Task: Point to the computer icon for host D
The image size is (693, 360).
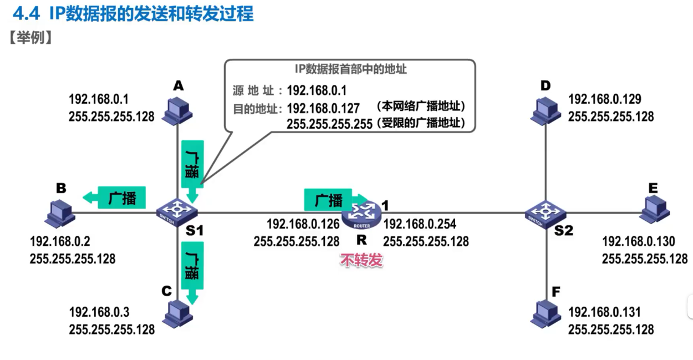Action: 546,109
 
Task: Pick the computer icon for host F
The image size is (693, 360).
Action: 546,313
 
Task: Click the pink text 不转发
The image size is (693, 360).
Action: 361,260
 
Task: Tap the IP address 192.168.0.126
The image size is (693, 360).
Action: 303,224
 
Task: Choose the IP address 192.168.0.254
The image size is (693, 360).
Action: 420,224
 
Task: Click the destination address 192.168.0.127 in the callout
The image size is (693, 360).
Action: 323,108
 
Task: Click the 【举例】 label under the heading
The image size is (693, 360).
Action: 31,38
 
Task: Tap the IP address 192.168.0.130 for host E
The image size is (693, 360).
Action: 638,241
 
